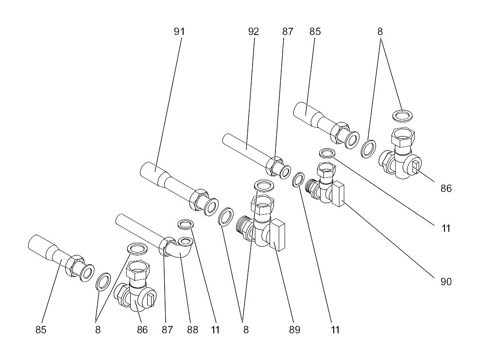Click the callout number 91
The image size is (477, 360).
[x=179, y=32]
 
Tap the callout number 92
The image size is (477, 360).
[x=253, y=32]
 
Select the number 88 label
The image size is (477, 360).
[x=192, y=330]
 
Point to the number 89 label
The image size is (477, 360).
[x=294, y=330]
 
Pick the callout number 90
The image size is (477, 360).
[x=446, y=282]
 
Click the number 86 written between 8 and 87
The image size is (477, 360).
[x=142, y=330]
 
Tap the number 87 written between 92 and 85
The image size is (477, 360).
[x=288, y=32]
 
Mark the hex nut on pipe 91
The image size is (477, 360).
[x=198, y=199]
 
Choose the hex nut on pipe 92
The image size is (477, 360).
[x=273, y=167]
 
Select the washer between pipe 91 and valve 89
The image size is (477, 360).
[x=226, y=217]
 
